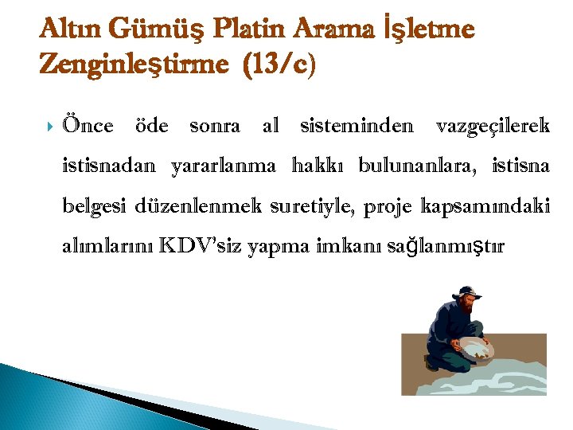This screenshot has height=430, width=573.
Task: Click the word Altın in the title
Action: [x=70, y=29]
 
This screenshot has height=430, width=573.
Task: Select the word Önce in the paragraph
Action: [x=88, y=125]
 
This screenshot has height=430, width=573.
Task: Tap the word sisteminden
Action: [x=356, y=125]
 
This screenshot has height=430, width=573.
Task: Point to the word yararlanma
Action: [x=224, y=166]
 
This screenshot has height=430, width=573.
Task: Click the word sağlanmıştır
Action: [x=443, y=248]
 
